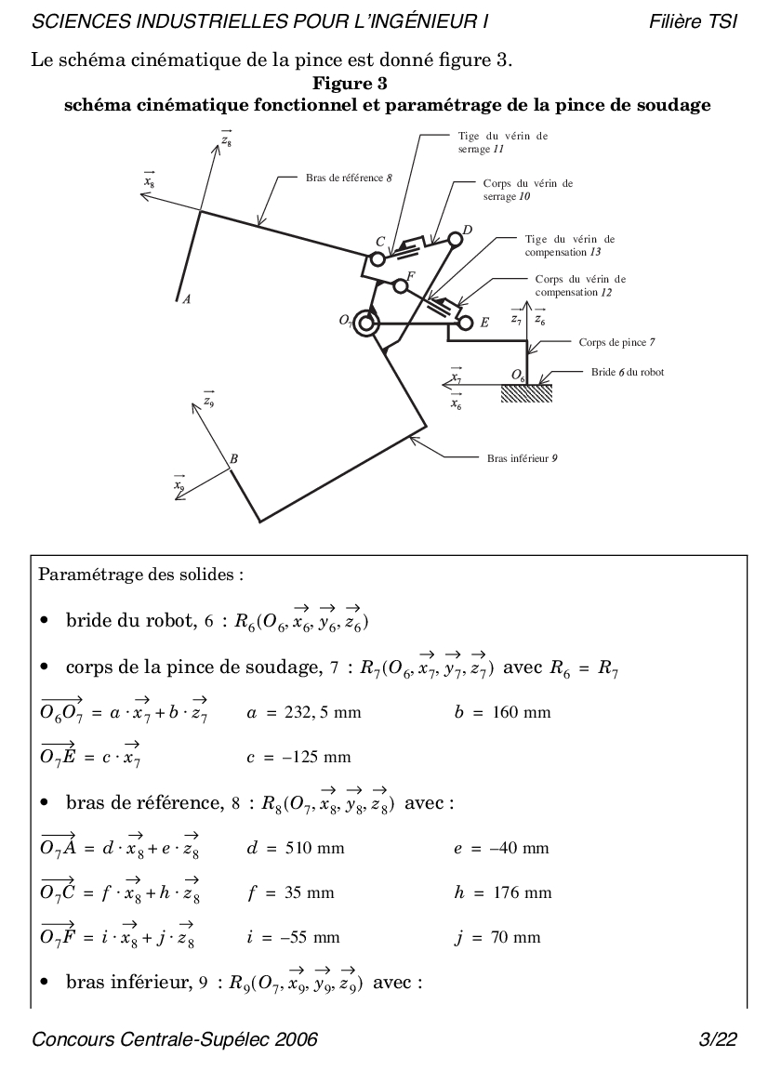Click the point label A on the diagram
pyautogui.click(x=187, y=299)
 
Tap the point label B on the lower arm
pyautogui.click(x=233, y=458)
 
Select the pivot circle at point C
pyautogui.click(x=377, y=259)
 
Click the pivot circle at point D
pyautogui.click(x=455, y=240)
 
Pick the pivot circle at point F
pyautogui.click(x=400, y=286)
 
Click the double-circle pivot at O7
pyautogui.click(x=364, y=324)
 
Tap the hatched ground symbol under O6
pyautogui.click(x=526, y=393)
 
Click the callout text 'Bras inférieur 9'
pyautogui.click(x=522, y=457)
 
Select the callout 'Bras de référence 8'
pyautogui.click(x=348, y=177)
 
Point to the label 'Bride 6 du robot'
pyautogui.click(x=628, y=372)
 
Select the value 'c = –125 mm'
pyautogui.click(x=298, y=758)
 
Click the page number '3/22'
pyautogui.click(x=717, y=1039)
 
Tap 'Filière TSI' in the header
pyautogui.click(x=693, y=20)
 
